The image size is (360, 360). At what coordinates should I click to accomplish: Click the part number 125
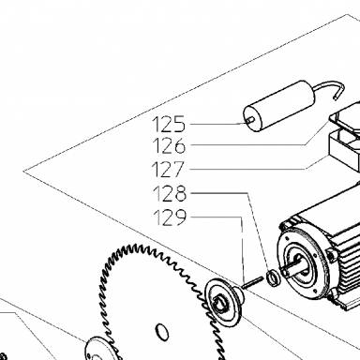coord(169,124)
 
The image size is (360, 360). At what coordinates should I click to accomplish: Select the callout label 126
coord(169,145)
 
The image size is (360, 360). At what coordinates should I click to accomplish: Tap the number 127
coord(169,170)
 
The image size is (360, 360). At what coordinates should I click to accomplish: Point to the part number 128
coord(170,193)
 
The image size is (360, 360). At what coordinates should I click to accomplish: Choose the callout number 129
coord(170,217)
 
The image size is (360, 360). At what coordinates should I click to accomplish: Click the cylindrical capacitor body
coord(278,106)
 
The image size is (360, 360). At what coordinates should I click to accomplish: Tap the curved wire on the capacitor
coord(328,89)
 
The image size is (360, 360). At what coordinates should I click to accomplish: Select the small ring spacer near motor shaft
coord(274,278)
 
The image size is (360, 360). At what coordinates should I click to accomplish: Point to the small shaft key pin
coord(253,282)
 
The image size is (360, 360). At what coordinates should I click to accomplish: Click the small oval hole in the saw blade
coord(161,331)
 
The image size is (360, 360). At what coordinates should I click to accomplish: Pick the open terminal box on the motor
coord(344,150)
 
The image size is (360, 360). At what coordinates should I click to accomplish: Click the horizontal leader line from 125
coord(218,124)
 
